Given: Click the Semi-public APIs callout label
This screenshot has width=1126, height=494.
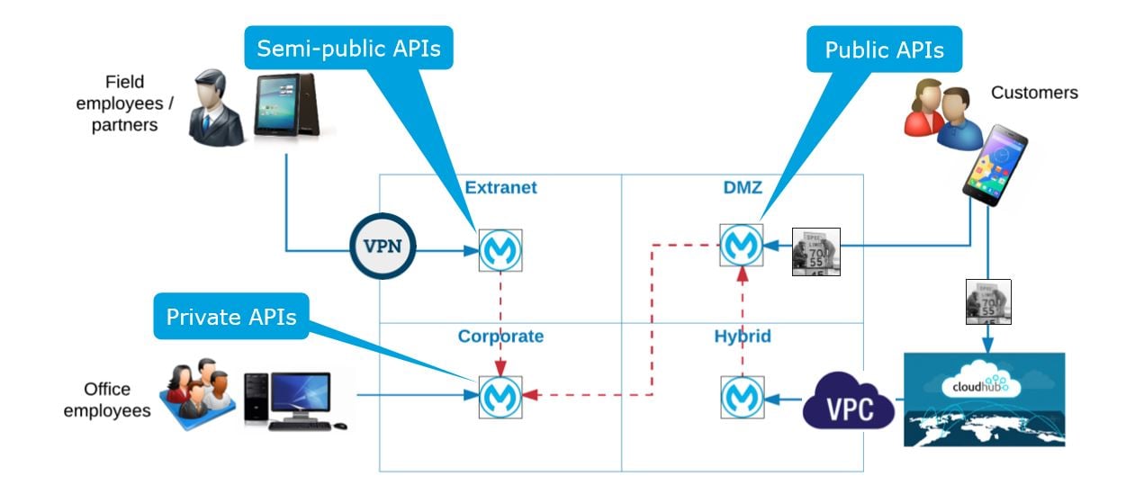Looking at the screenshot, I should [348, 49].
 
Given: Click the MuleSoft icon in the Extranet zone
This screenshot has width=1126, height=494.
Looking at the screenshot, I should [493, 250].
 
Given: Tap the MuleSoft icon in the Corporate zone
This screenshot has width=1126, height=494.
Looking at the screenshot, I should [493, 396].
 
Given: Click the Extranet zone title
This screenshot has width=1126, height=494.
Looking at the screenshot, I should [500, 188].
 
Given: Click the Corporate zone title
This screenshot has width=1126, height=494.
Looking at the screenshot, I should [500, 337].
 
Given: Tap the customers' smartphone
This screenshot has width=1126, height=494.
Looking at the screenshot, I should [994, 164].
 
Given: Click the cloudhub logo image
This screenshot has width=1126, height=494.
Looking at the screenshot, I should [984, 399].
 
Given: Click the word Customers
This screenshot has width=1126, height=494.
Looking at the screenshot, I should [1034, 93].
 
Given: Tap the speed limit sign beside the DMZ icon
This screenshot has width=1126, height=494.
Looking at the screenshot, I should [815, 251].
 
